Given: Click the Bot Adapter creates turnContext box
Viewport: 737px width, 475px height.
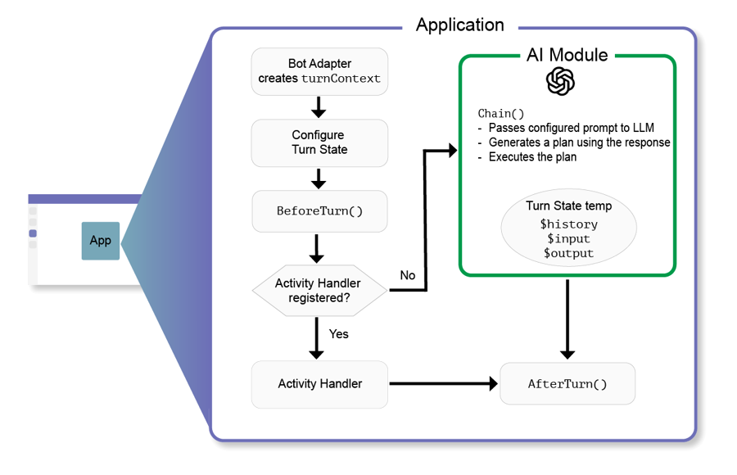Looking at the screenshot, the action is (319, 71).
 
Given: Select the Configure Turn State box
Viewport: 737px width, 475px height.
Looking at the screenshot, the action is (319, 142).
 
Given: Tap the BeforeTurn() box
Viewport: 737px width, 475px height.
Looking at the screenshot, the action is (319, 211).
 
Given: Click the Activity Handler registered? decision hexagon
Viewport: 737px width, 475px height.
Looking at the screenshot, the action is (319, 290).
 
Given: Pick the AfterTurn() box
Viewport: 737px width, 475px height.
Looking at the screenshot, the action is (567, 383).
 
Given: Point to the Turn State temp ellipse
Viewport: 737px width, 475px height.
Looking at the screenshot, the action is (569, 228).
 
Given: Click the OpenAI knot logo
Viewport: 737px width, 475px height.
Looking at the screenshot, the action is (560, 81).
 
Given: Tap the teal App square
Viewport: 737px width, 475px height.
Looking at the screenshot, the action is (101, 241).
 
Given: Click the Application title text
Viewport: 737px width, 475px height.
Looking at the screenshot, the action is (459, 25).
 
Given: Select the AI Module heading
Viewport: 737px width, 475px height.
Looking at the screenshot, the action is (567, 55).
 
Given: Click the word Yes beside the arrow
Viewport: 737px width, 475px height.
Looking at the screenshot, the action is (339, 334).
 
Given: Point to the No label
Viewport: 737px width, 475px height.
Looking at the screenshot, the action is (408, 275).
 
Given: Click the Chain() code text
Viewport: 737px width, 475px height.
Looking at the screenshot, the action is (500, 113).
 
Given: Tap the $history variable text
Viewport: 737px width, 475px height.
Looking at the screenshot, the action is (569, 224).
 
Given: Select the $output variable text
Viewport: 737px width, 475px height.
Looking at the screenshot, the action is (569, 253).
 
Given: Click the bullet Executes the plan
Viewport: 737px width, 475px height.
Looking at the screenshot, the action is (527, 156).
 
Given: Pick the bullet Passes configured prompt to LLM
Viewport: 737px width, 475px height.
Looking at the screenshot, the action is (566, 128).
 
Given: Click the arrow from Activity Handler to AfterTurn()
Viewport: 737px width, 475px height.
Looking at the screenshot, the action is (443, 384).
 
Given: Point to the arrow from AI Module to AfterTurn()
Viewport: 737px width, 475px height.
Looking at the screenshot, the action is (567, 319).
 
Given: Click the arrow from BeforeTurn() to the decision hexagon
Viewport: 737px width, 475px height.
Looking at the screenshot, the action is (317, 249).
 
